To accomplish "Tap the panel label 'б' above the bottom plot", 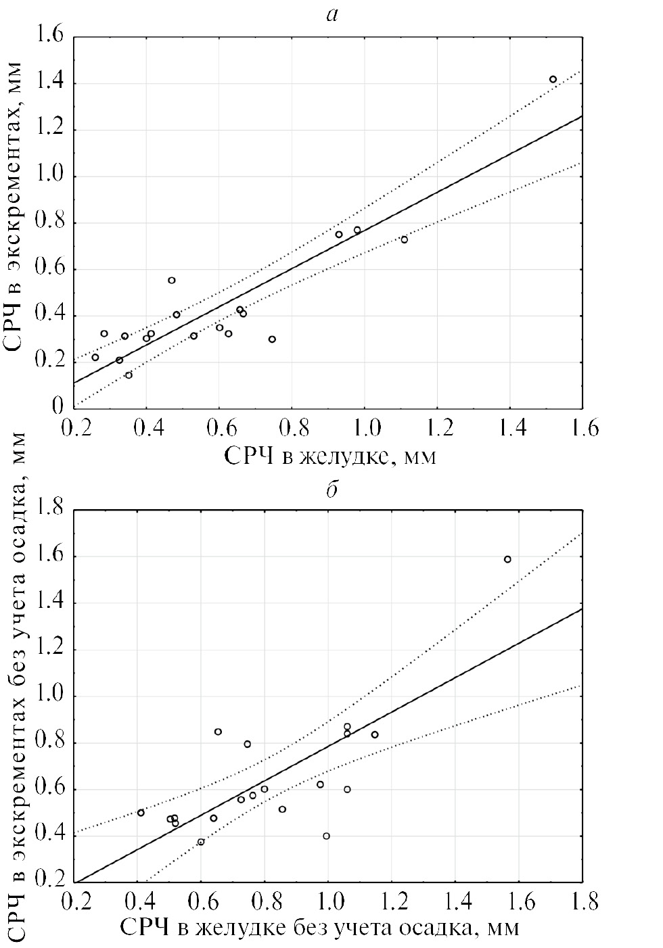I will tap(331, 490).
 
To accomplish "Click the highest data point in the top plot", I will tap(553, 79).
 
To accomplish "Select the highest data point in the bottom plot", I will tap(507, 559).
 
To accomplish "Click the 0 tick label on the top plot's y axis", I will tap(58, 406).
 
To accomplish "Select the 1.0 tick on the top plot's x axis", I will tap(364, 428).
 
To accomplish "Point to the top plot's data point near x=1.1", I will tap(404, 239).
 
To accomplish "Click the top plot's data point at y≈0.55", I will tap(172, 280).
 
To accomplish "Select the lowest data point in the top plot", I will tap(129, 375).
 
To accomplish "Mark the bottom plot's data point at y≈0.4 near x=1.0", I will tap(326, 836).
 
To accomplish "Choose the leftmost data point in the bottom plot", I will tap(141, 812).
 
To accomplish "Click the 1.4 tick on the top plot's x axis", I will tap(509, 428).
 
